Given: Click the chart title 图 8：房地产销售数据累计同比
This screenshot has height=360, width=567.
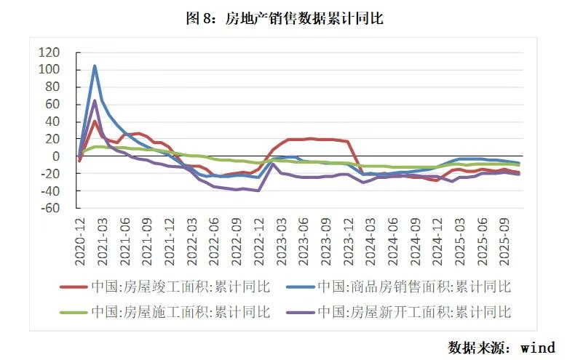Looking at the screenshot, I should tap(284, 19).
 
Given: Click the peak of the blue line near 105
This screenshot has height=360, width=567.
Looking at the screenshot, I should tap(95, 66).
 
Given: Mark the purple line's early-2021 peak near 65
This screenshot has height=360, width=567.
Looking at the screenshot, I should tap(95, 101).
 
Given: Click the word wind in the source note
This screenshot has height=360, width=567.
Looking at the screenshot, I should tap(539, 347).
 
